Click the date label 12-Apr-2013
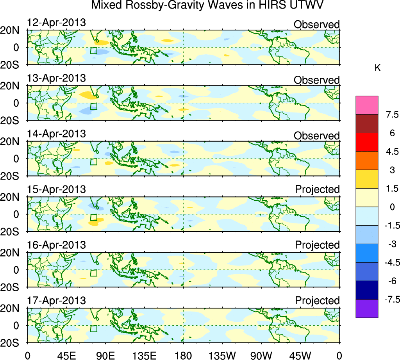(56, 22)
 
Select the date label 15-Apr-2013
(56, 189)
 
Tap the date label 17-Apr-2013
(56, 301)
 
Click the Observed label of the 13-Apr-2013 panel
(316, 80)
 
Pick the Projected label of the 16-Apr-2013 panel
(317, 245)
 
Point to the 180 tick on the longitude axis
(183, 355)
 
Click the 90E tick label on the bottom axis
(105, 355)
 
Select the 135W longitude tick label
(222, 355)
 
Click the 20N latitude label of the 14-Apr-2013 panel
(13, 142)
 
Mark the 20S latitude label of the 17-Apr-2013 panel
(13, 342)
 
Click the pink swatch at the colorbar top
(367, 105)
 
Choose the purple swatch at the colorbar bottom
(367, 308)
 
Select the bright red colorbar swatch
(367, 142)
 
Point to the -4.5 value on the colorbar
(389, 262)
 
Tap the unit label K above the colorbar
(377, 68)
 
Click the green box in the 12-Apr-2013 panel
(93, 50)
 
